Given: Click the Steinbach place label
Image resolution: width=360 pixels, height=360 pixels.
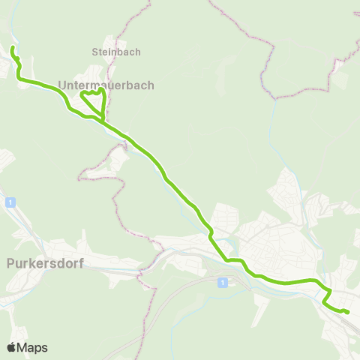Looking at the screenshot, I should pyautogui.click(x=116, y=52).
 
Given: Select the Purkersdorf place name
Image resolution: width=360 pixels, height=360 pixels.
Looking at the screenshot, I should pyautogui.click(x=45, y=263).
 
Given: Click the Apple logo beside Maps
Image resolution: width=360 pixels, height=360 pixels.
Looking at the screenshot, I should pyautogui.click(x=12, y=347).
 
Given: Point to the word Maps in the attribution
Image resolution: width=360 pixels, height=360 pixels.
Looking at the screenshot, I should pyautogui.click(x=32, y=347).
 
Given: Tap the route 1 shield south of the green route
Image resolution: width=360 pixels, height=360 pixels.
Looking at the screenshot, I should pyautogui.click(x=222, y=282).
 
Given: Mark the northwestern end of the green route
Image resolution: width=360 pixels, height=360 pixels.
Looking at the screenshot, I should pyautogui.click(x=13, y=48).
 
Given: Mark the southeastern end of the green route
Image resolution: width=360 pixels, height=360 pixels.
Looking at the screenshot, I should pyautogui.click(x=348, y=312).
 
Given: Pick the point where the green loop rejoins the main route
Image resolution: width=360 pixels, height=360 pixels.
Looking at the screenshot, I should pyautogui.click(x=103, y=120).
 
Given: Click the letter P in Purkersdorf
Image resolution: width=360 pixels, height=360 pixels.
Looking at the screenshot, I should pyautogui.click(x=10, y=263).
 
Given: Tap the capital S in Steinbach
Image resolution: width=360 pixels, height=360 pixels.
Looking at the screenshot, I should pyautogui.click(x=95, y=52).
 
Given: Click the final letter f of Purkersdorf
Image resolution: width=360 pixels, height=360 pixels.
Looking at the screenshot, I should pyautogui.click(x=81, y=263).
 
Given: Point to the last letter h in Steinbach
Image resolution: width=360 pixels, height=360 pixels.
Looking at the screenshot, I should pyautogui.click(x=138, y=52).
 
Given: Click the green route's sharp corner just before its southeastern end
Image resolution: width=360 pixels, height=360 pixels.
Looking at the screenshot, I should pyautogui.click(x=324, y=303).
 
